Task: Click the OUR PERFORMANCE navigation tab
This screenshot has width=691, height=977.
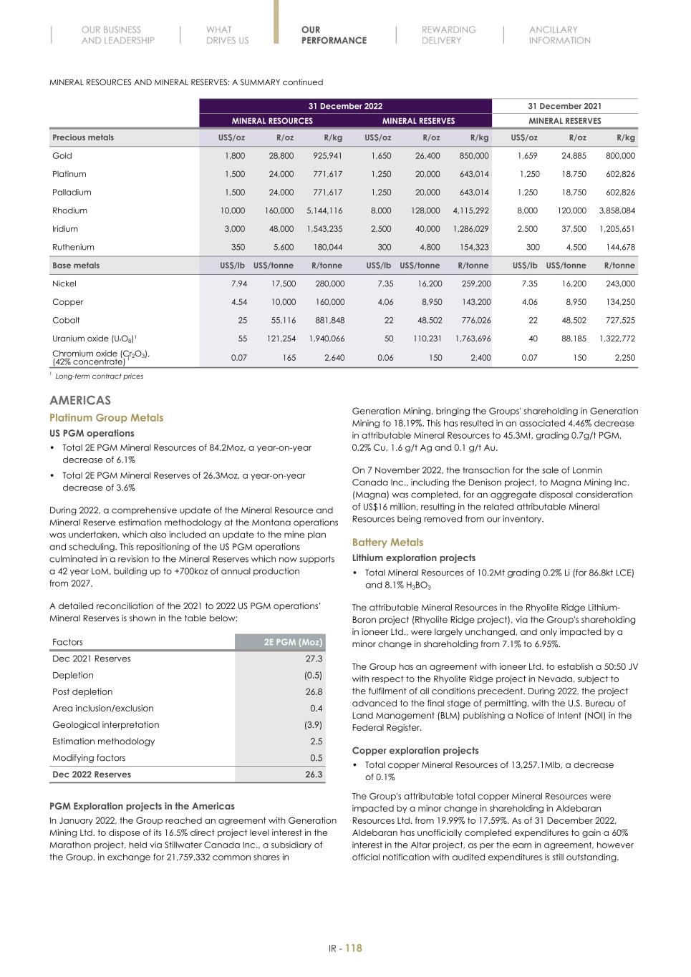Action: pyautogui.click(x=334, y=35)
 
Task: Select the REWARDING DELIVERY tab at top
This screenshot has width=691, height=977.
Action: pyautogui.click(x=448, y=35)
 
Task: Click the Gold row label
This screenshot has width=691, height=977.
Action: pyautogui.click(x=62, y=155)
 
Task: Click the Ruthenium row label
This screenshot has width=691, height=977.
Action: pyautogui.click(x=70, y=247)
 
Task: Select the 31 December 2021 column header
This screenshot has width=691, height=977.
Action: pyautogui.click(x=564, y=106)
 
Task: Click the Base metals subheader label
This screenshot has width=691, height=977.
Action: pyautogui.click(x=76, y=266)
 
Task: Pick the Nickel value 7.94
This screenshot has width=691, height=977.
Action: pyautogui.click(x=236, y=283)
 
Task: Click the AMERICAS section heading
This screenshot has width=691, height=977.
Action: pyautogui.click(x=79, y=400)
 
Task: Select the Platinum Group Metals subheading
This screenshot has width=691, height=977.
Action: pyautogui.click(x=106, y=418)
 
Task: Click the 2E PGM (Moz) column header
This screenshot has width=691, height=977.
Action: pyautogui.click(x=293, y=642)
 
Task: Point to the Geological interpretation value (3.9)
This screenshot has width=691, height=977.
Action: pyautogui.click(x=313, y=724)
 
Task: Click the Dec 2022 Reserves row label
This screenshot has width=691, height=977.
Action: pyautogui.click(x=91, y=774)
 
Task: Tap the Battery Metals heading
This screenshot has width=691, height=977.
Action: pyautogui.click(x=387, y=543)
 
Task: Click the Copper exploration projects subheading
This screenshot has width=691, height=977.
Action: pyautogui.click(x=415, y=751)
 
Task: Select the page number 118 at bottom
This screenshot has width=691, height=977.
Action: pyautogui.click(x=354, y=948)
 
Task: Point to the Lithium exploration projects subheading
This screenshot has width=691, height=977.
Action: pyautogui.click(x=413, y=558)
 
